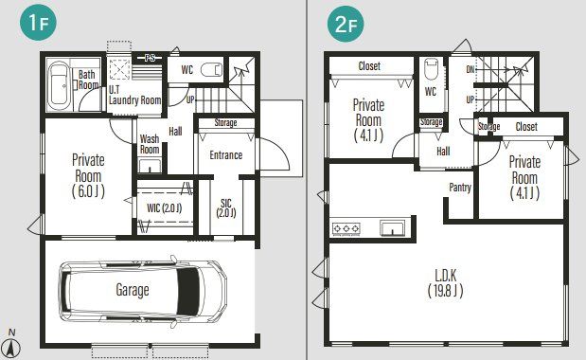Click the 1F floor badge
[x=38, y=23]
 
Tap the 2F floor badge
[x=346, y=24]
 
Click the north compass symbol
[x=12, y=346]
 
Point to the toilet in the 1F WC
[x=211, y=70]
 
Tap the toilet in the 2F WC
[x=431, y=69]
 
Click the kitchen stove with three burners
[x=346, y=228]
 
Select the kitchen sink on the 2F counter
[x=393, y=227]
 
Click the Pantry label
[x=460, y=188]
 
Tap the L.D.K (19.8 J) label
[x=446, y=282]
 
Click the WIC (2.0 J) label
[x=165, y=207]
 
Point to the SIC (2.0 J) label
[x=226, y=208]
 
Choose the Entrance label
[x=226, y=155]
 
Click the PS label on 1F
[x=151, y=58]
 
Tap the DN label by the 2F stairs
[x=471, y=69]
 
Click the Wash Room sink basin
[x=150, y=166]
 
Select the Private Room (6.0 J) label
[x=88, y=175]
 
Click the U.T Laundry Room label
[x=134, y=96]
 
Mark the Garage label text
[x=133, y=290]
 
